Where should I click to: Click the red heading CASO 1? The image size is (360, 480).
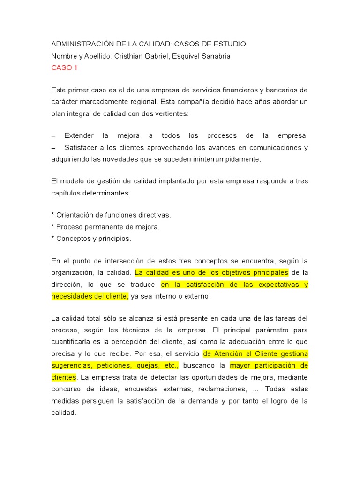click(65, 68)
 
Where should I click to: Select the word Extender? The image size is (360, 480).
click(79, 135)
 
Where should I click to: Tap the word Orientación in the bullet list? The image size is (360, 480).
click(75, 215)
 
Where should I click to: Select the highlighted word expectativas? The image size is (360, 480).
click(277, 285)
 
